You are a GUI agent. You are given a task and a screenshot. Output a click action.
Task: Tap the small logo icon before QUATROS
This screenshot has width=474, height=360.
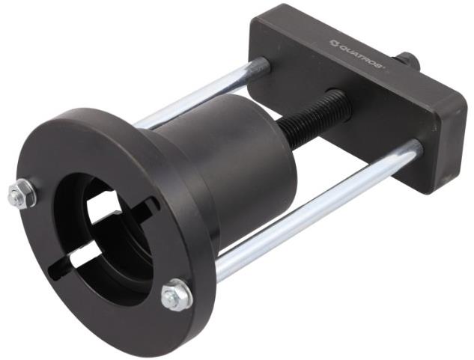coord(333,43)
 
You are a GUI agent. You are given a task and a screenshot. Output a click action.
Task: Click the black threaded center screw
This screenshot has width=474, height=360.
coord(315,114)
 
